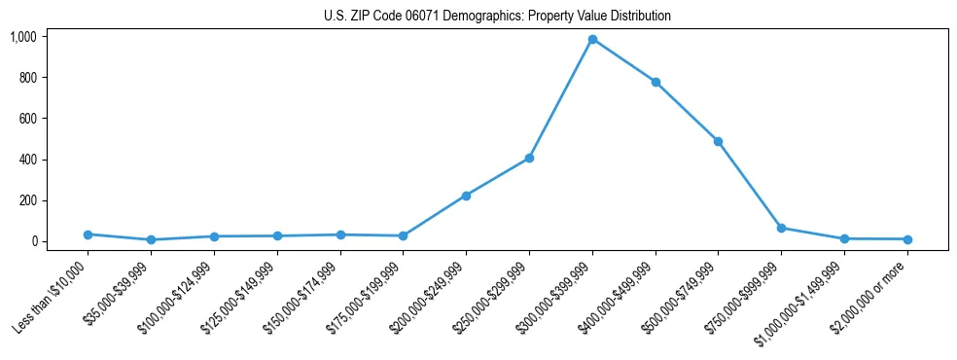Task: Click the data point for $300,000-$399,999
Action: pos(592,39)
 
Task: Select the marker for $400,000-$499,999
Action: pos(656,82)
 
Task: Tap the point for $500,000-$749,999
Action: pos(718,141)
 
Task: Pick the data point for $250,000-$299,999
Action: pos(529,158)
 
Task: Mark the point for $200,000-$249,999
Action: pos(466,196)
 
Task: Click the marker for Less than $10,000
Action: pos(89,234)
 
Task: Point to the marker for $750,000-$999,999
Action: pos(781,228)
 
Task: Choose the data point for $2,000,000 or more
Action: pos(906,239)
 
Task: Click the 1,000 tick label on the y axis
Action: pos(23,37)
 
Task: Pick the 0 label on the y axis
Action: pos(33,241)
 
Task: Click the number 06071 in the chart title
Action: pos(415,17)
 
